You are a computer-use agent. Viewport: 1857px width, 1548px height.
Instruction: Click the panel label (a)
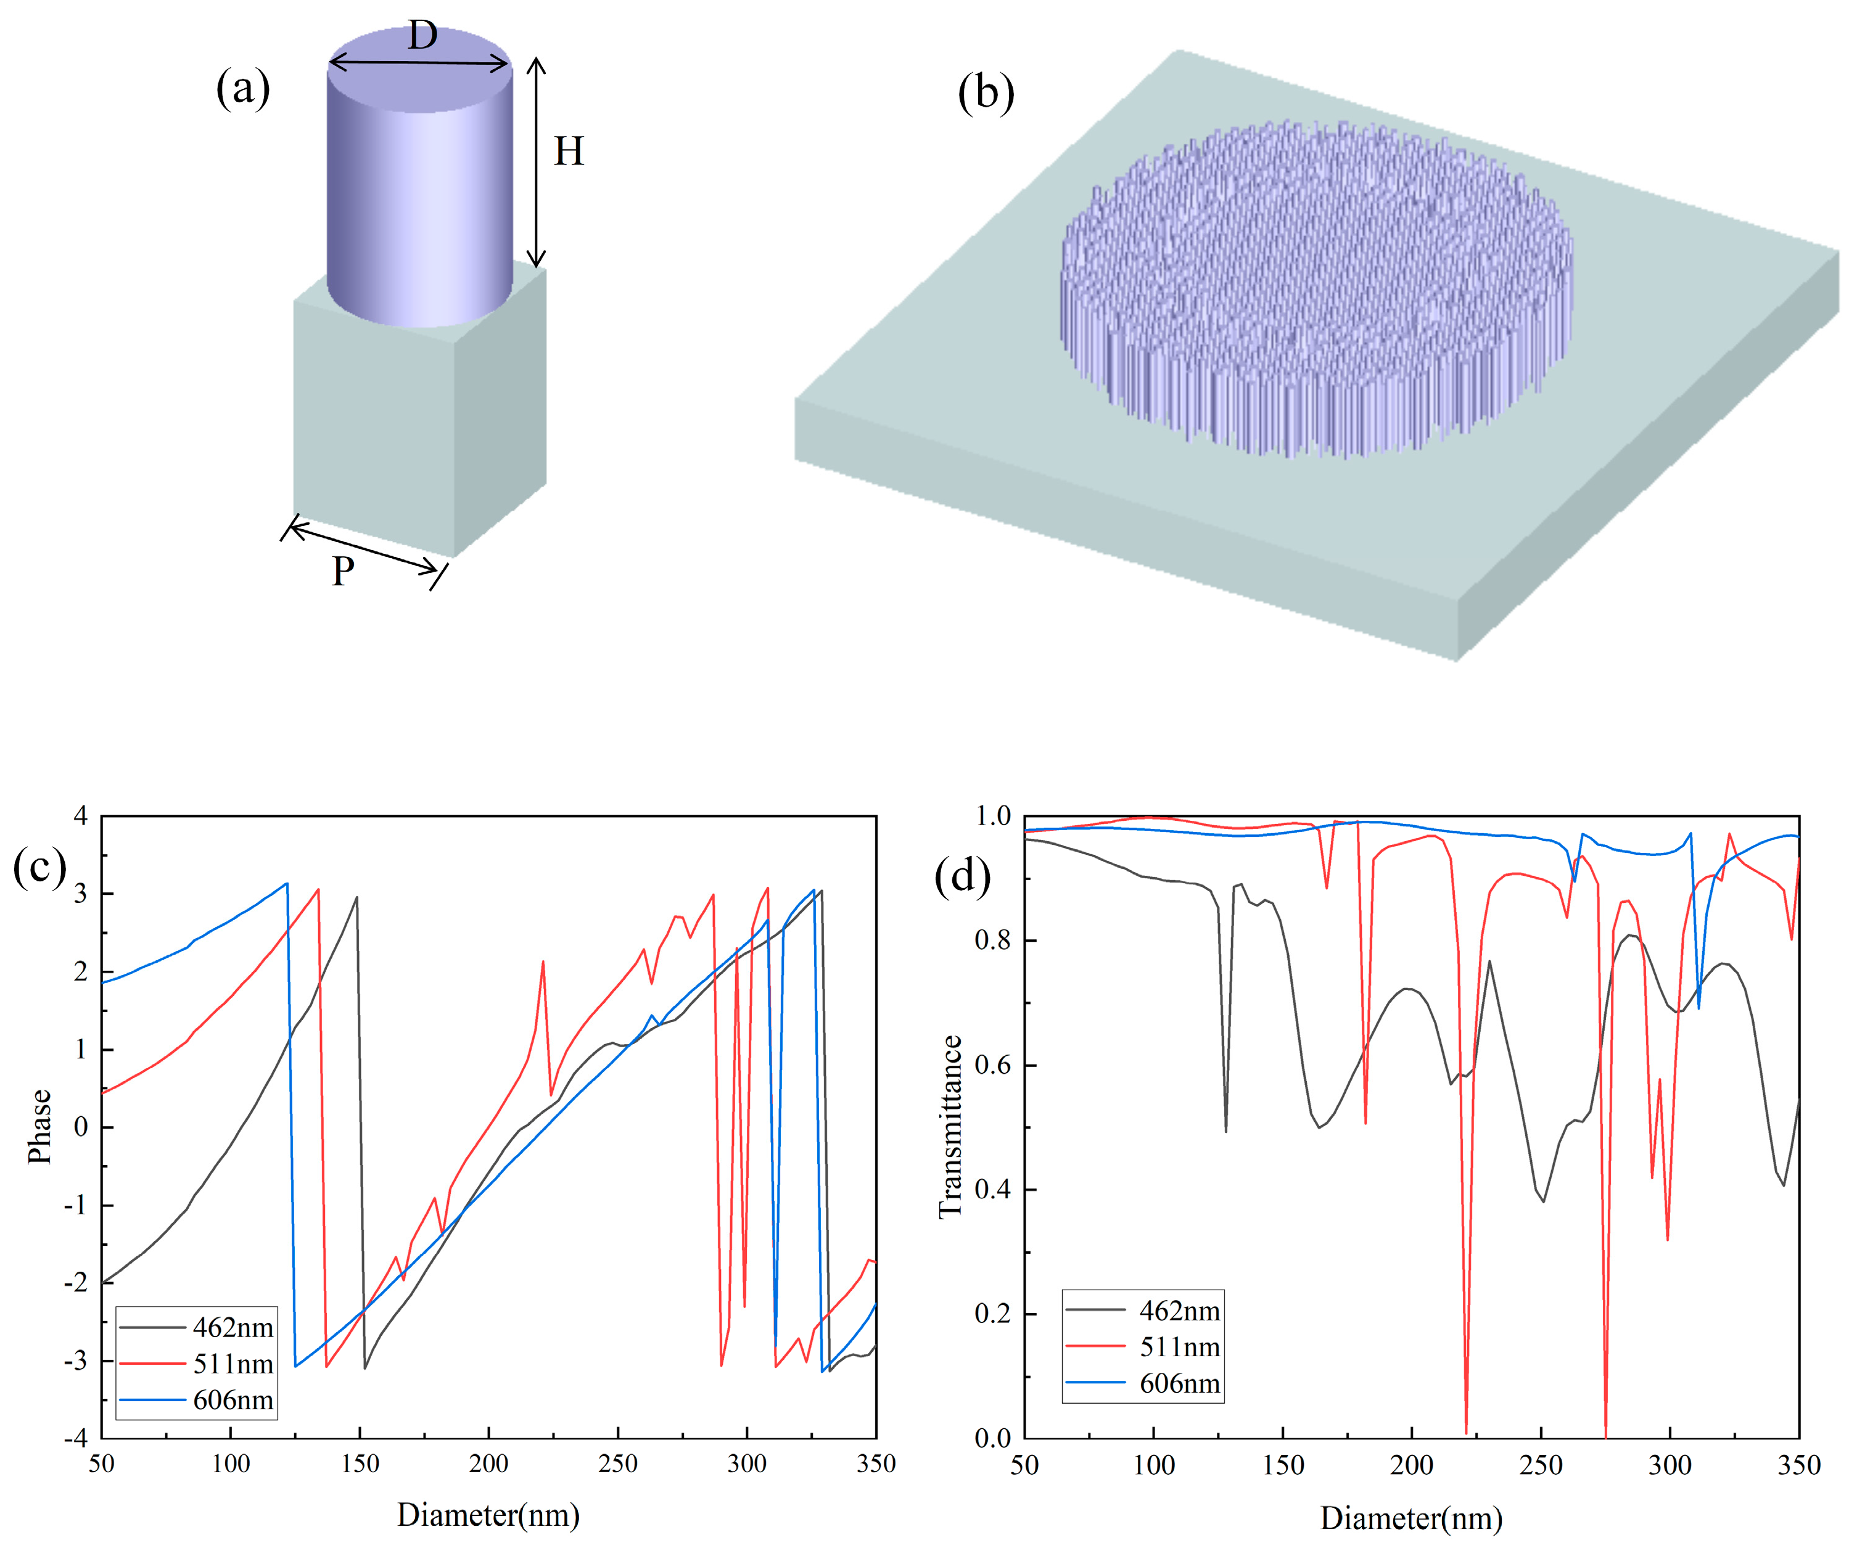(x=242, y=90)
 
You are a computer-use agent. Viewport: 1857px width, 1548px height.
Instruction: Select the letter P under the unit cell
(x=342, y=572)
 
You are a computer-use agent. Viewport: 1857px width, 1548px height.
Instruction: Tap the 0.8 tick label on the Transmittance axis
(x=992, y=940)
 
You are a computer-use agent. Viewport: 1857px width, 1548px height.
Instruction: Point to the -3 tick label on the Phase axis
(x=75, y=1360)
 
